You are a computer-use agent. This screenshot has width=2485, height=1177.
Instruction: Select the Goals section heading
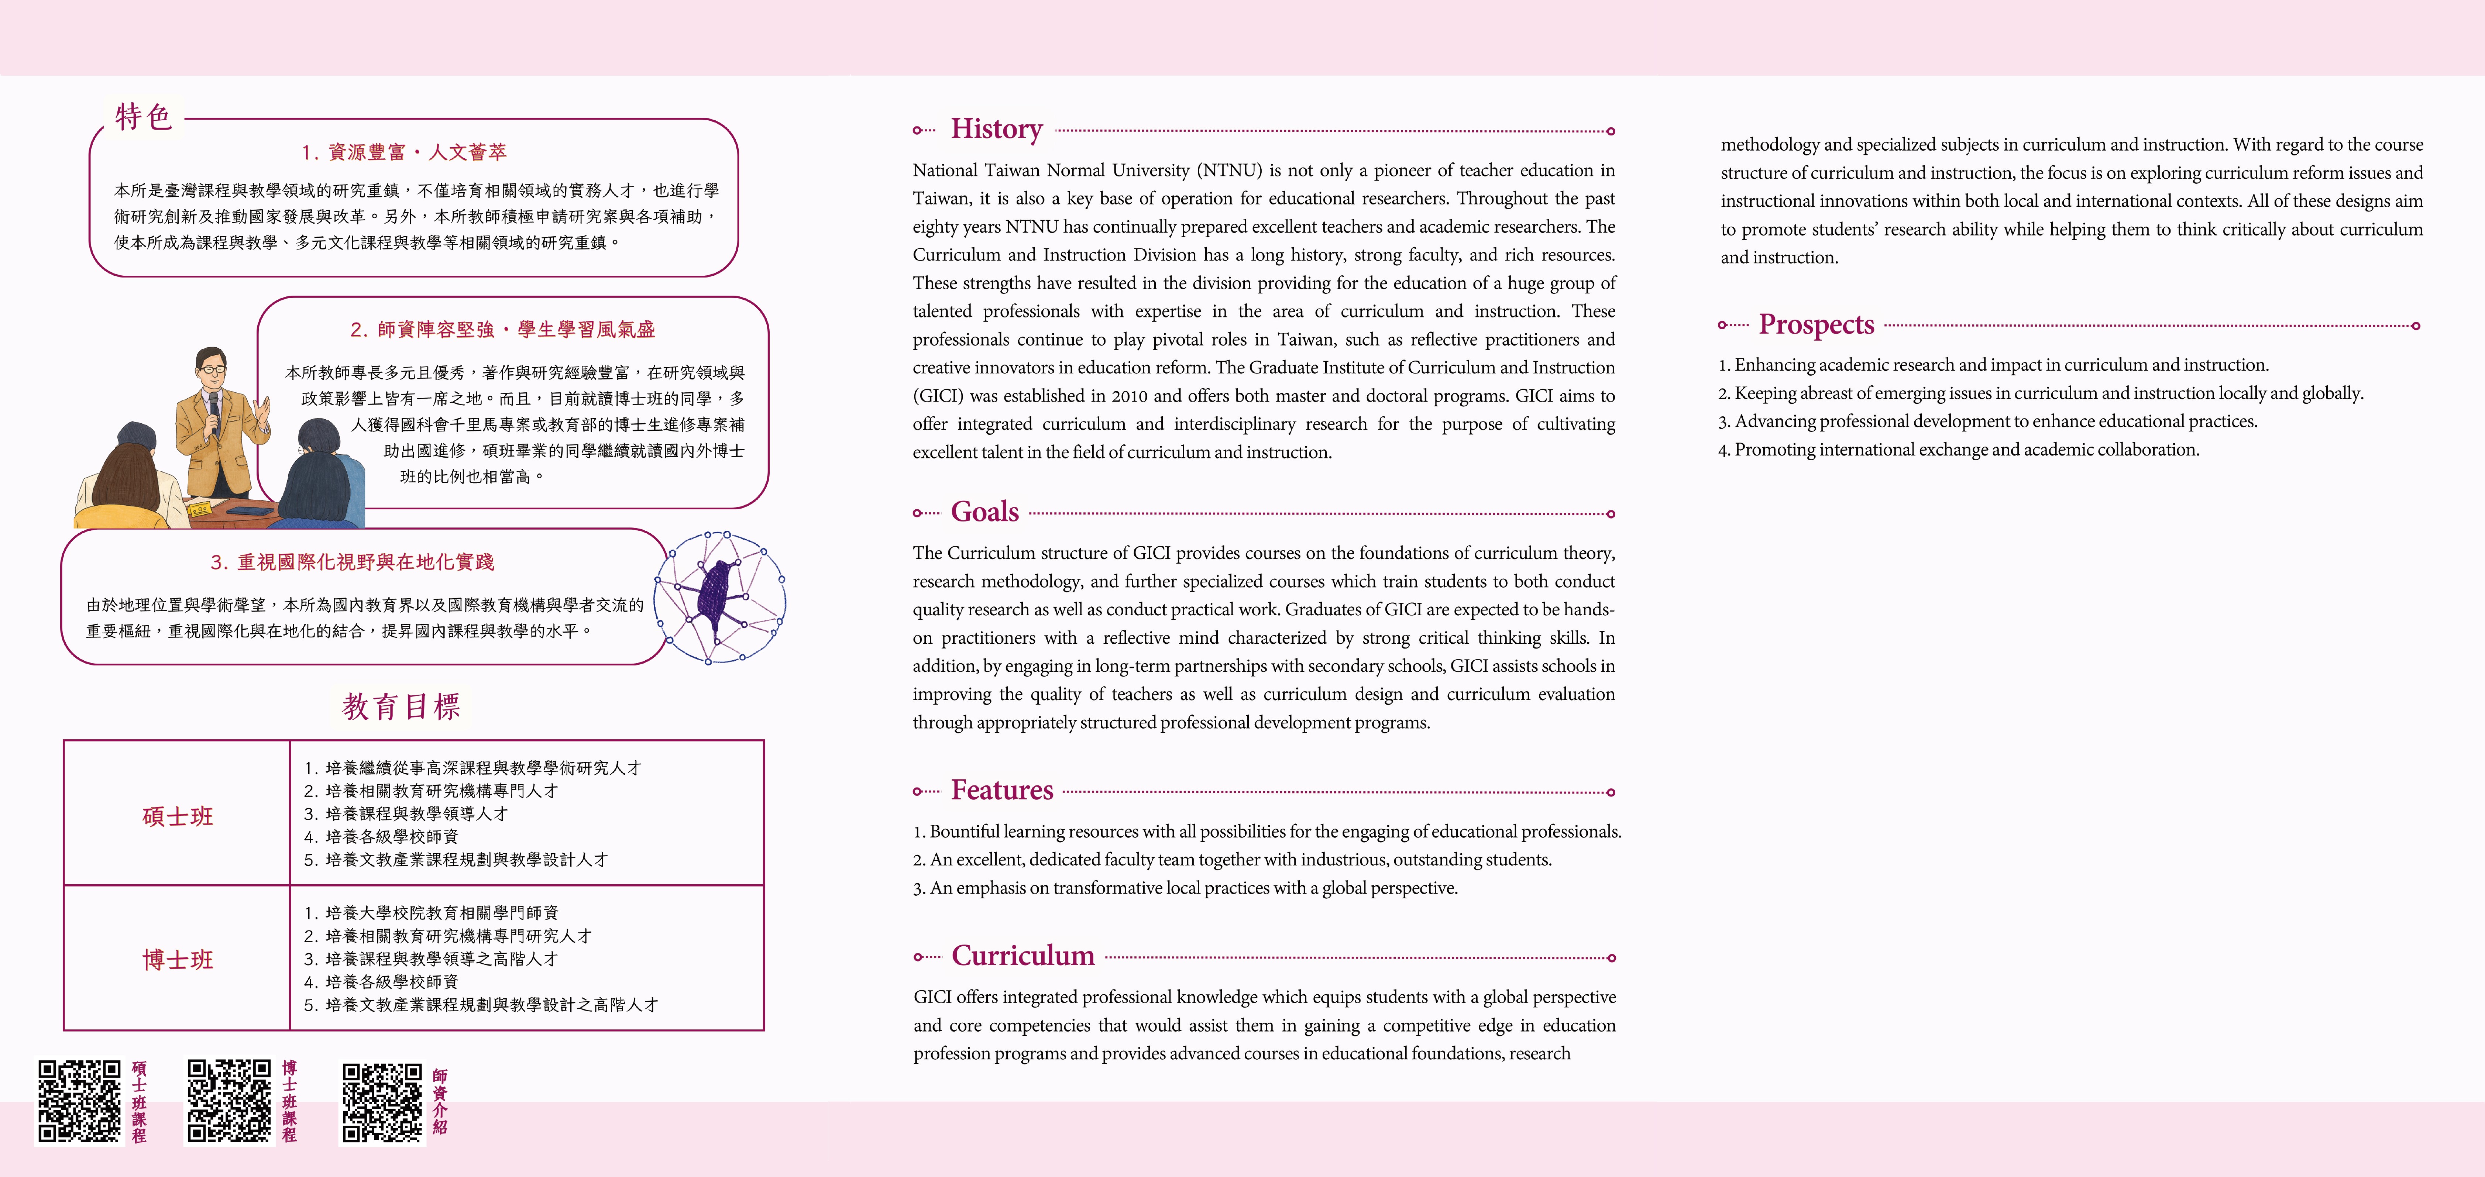984,512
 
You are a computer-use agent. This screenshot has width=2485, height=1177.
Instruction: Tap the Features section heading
1001,790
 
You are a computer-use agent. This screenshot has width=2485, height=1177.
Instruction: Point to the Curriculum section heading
1022,956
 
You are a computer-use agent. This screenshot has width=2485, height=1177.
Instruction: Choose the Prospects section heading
1815,325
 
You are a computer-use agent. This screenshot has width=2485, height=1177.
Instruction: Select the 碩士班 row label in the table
178,816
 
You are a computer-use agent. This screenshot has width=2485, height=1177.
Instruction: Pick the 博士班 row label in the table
178,960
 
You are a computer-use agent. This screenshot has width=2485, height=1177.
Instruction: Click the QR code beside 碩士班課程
79,1102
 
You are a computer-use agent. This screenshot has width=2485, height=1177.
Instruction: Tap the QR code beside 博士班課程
228,1102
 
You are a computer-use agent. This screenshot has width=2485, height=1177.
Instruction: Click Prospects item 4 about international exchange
1958,450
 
